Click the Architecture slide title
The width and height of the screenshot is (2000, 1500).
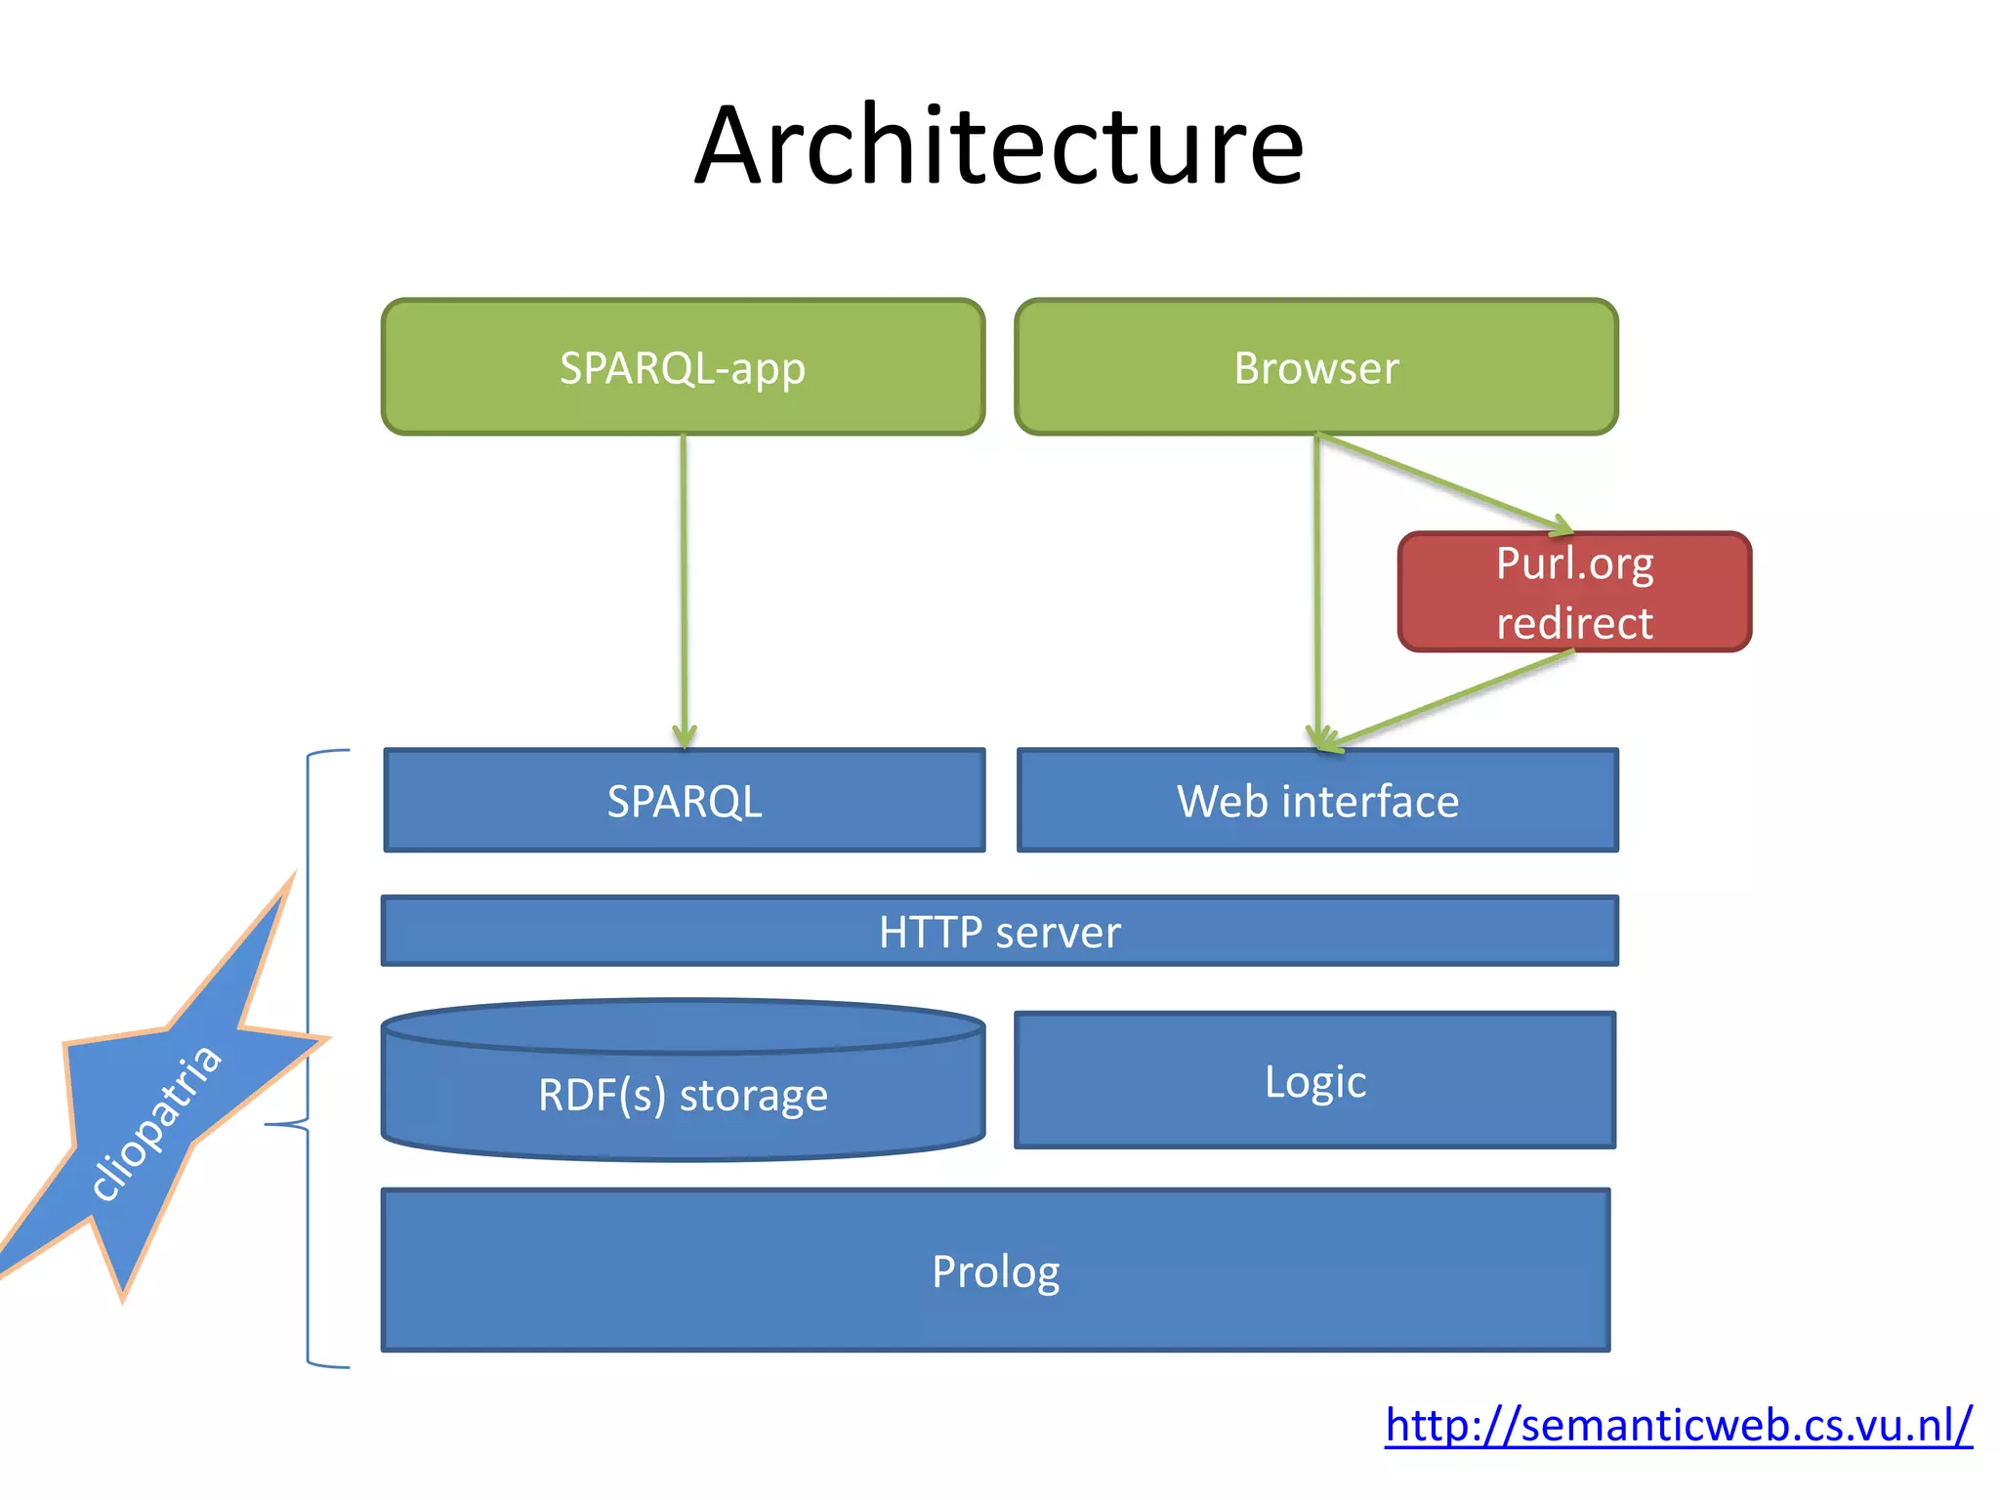pyautogui.click(x=999, y=146)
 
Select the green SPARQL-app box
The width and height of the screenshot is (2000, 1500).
pyautogui.click(x=683, y=367)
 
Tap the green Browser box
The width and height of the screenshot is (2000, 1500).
pyautogui.click(x=1315, y=367)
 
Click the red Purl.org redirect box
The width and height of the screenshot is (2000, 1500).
pyautogui.click(x=1574, y=592)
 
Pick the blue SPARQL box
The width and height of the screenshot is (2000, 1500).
pyautogui.click(x=684, y=801)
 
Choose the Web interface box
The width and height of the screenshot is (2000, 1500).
pyautogui.click(x=1317, y=801)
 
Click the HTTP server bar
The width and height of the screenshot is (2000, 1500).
pyautogui.click(x=999, y=932)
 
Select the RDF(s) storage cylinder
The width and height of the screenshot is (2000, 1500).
pyautogui.click(x=683, y=1094)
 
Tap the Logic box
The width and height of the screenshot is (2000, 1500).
pyautogui.click(x=1314, y=1081)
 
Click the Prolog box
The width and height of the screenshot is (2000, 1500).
pyautogui.click(x=995, y=1271)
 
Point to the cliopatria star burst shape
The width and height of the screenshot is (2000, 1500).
pyautogui.click(x=156, y=1113)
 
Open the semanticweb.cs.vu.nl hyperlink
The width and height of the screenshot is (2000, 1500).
pyautogui.click(x=1678, y=1425)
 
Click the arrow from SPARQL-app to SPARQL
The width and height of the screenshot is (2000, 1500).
pyautogui.click(x=684, y=586)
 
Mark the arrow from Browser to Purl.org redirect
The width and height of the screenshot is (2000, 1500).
pyautogui.click(x=1445, y=483)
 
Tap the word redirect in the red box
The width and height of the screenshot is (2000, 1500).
pyautogui.click(x=1574, y=623)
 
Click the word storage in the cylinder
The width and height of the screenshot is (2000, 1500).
pyautogui.click(x=753, y=1096)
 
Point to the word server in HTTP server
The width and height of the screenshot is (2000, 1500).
pyautogui.click(x=1058, y=932)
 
